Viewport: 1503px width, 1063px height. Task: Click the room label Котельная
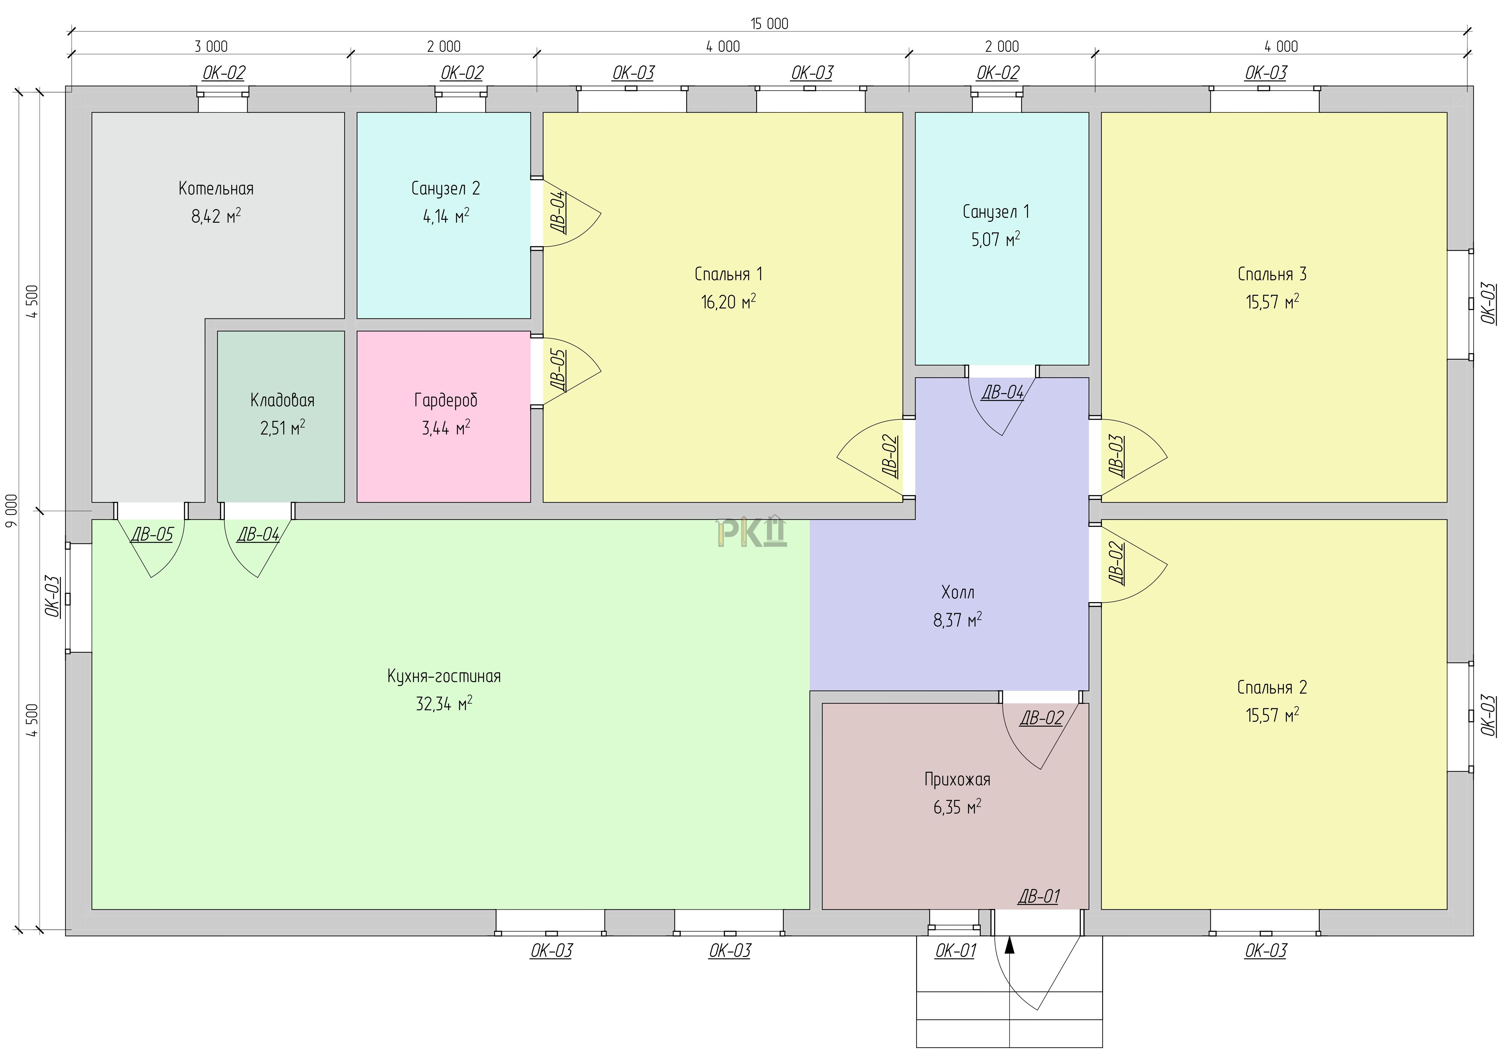click(216, 188)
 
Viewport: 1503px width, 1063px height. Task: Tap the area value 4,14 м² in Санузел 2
click(446, 216)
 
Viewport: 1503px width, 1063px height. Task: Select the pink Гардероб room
click(443, 416)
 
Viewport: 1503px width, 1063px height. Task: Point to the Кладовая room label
click(282, 400)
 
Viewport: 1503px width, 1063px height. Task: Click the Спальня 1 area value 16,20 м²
click(728, 302)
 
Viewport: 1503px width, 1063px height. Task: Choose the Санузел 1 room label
click(996, 212)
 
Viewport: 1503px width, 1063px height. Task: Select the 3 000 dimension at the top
click(211, 46)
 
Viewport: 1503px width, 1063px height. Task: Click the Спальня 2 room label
click(1272, 687)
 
